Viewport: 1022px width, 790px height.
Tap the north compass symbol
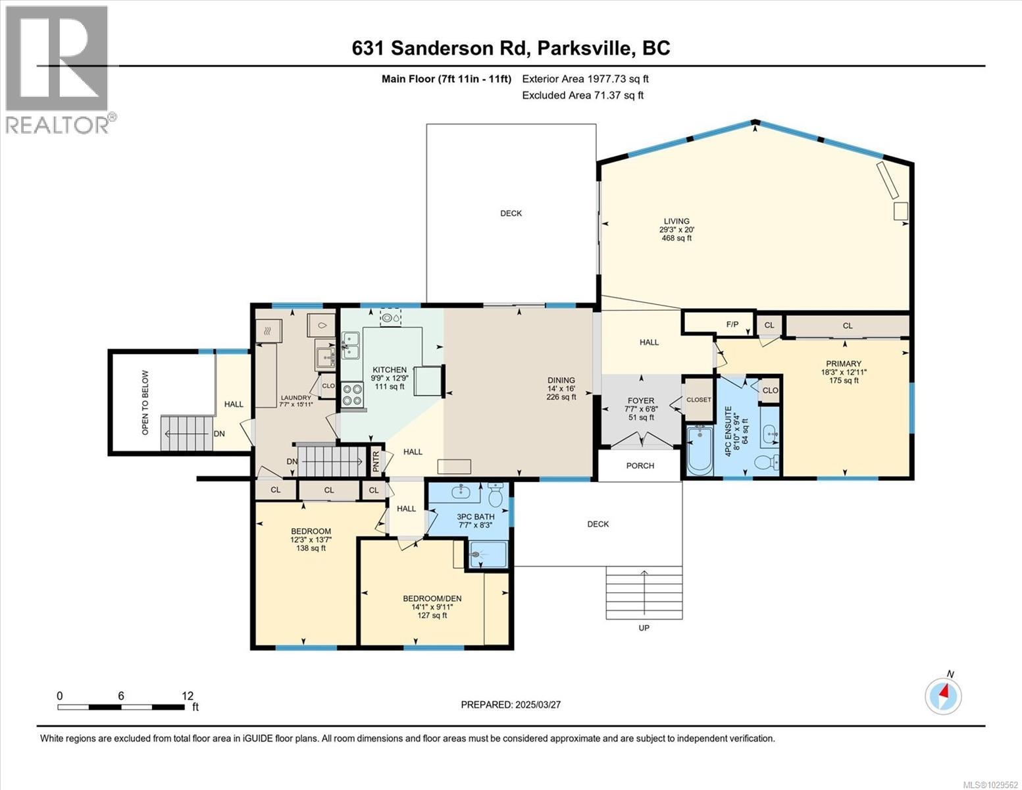tap(943, 695)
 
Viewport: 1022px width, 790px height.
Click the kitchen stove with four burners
tap(352, 394)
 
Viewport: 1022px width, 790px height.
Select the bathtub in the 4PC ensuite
tap(699, 451)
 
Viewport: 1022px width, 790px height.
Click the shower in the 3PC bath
tap(488, 554)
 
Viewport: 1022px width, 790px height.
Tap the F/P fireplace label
tap(732, 325)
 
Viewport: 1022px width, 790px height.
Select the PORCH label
tap(640, 465)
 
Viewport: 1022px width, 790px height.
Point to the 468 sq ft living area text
tap(677, 238)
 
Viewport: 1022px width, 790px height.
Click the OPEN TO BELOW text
tap(145, 402)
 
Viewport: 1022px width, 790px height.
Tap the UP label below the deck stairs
tap(644, 628)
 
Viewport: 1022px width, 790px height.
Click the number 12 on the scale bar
tap(188, 696)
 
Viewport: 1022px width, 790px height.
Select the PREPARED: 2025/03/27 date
tap(511, 704)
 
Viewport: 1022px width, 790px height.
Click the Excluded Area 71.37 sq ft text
tap(582, 95)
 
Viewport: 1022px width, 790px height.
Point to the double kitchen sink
tap(349, 346)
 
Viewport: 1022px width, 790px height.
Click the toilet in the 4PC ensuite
tap(767, 461)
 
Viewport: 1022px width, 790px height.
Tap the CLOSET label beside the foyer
tap(698, 400)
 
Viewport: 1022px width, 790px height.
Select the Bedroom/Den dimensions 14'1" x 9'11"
tap(432, 607)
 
